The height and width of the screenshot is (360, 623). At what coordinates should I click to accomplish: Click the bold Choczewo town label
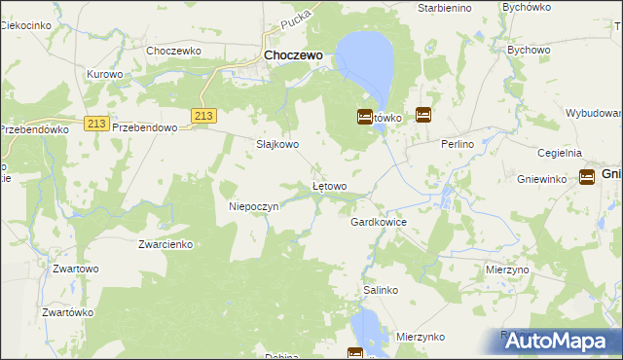click(293, 56)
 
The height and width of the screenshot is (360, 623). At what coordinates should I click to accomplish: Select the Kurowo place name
click(104, 74)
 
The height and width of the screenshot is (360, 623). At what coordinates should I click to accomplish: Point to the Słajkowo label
click(277, 144)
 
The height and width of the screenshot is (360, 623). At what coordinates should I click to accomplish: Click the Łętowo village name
click(328, 185)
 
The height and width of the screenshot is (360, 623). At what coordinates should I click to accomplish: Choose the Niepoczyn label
click(254, 206)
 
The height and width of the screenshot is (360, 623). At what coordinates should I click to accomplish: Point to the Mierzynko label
click(421, 336)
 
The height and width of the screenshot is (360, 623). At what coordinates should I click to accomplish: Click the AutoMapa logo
click(550, 341)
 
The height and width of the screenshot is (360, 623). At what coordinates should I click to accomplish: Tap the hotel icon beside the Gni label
click(587, 176)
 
